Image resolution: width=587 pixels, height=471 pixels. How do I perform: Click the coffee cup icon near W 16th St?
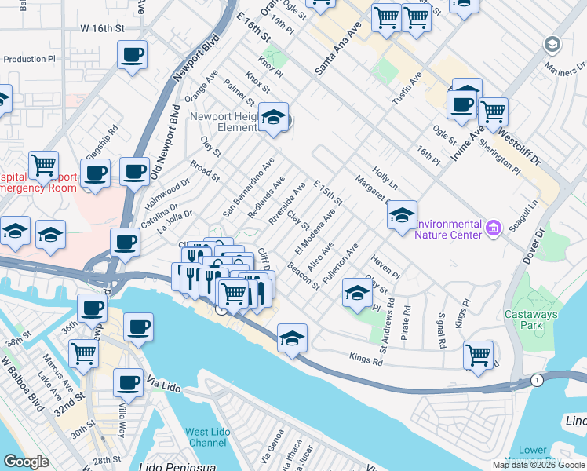(132, 55)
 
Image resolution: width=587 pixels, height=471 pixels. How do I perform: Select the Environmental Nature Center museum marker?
(493, 228)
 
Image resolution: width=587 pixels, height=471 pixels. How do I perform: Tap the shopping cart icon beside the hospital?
(44, 166)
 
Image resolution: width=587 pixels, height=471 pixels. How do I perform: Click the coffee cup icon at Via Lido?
(129, 383)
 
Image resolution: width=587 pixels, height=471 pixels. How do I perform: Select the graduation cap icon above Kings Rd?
(292, 338)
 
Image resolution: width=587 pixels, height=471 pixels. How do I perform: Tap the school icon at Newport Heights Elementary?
(273, 118)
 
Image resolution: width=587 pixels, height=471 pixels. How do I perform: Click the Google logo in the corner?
(26, 462)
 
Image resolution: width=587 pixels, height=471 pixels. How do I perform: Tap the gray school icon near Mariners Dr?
(552, 44)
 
